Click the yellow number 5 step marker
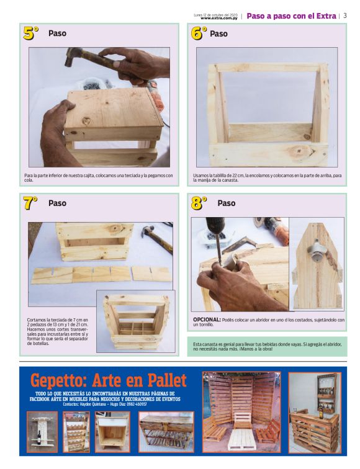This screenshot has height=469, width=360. click(x=31, y=33)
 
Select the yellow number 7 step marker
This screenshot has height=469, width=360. click(x=30, y=203)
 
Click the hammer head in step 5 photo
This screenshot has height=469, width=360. click(x=73, y=57)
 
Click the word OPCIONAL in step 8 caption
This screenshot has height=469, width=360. click(x=207, y=319)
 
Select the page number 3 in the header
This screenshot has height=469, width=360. click(x=345, y=16)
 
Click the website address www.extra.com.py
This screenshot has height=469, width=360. click(x=219, y=18)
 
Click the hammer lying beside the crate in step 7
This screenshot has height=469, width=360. click(x=157, y=237)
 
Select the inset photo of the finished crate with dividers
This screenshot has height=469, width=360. click(x=136, y=321)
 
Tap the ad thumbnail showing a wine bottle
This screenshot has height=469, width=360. click(x=42, y=432)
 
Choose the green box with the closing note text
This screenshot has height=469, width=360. click(x=267, y=346)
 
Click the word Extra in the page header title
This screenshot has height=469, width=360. click(x=326, y=16)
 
